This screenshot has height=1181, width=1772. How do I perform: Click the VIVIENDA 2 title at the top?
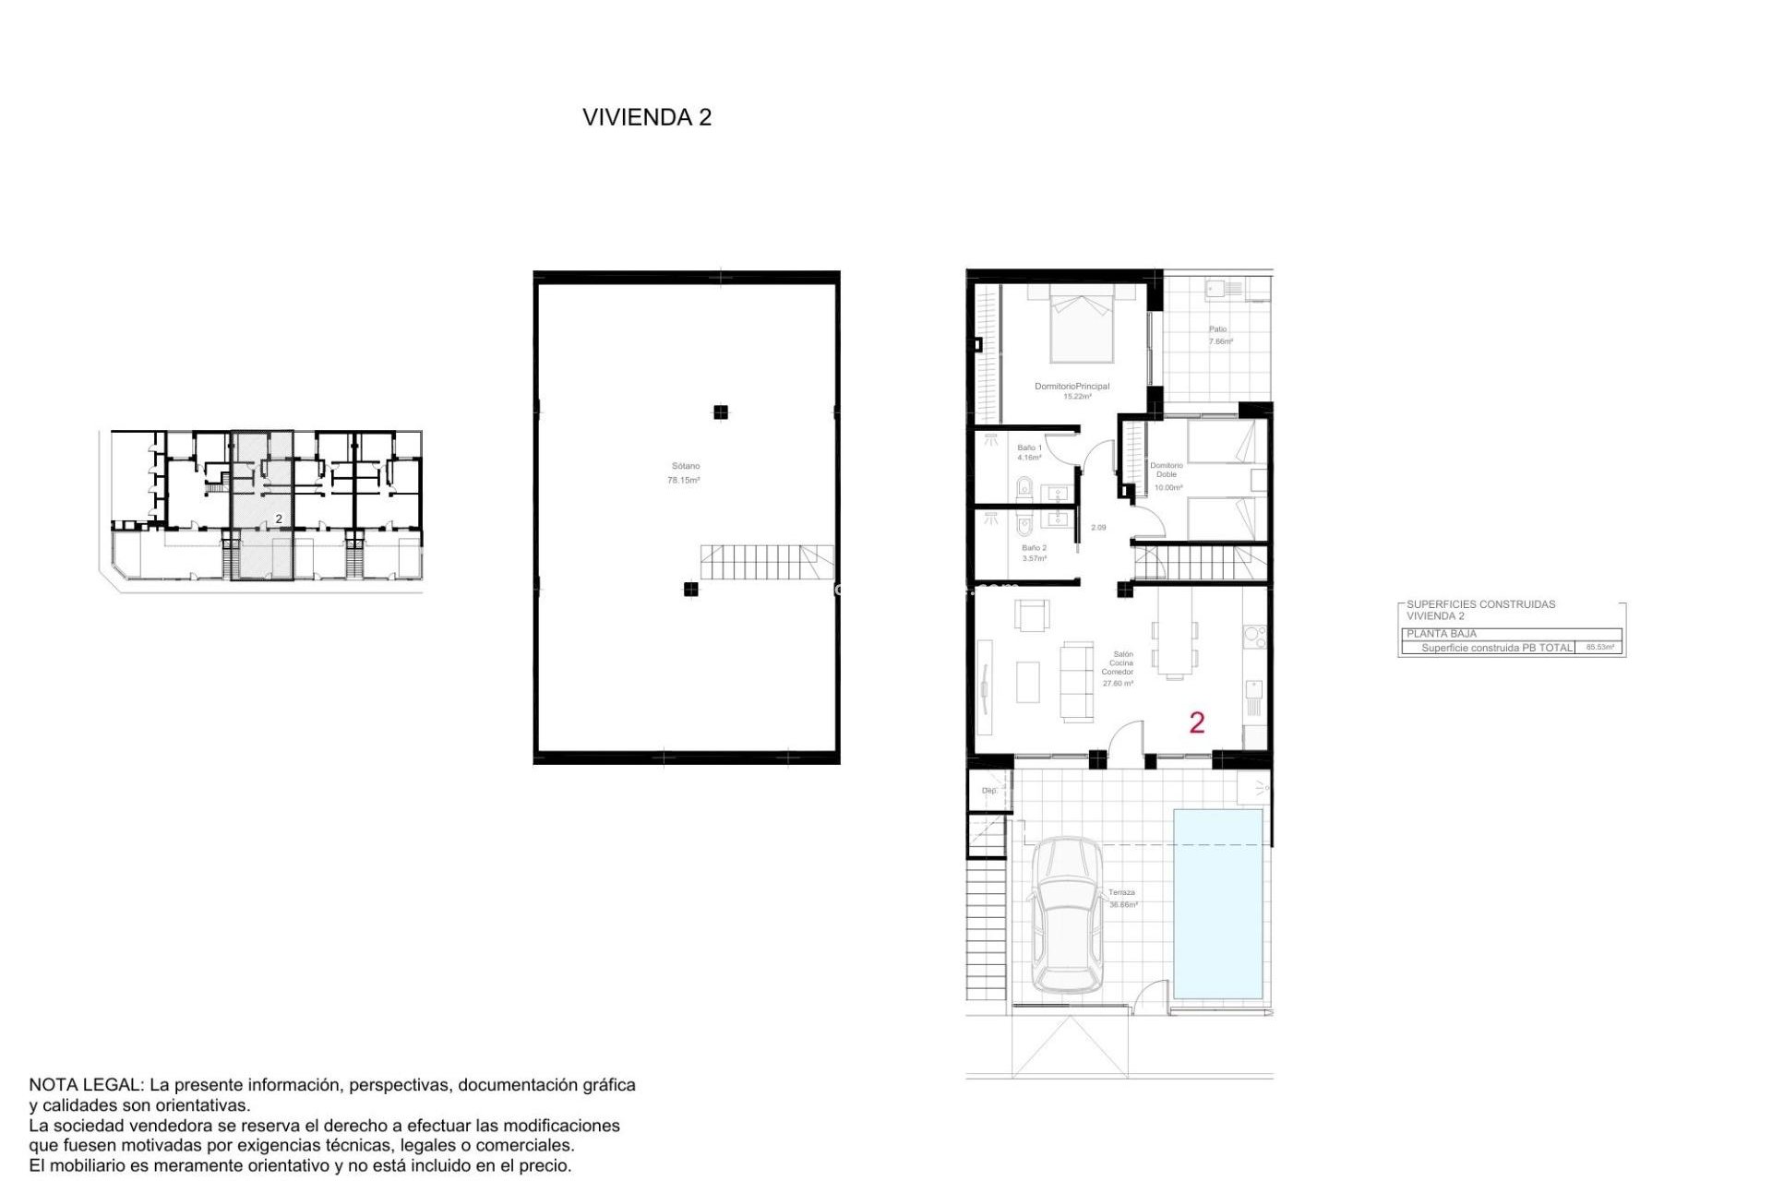pos(646,117)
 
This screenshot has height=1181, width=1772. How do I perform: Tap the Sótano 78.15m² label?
pos(684,473)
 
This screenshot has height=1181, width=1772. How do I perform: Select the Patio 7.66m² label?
pos(1220,335)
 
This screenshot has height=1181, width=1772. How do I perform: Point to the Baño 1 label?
pos(1029,452)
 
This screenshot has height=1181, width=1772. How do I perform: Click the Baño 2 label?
pos(1034,553)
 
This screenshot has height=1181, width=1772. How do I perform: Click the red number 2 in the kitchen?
pos(1197,722)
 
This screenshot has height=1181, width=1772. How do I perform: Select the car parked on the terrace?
pos(1067,915)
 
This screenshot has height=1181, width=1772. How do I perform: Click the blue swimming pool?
pos(1217,903)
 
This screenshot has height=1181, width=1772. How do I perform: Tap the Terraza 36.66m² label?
pos(1122,898)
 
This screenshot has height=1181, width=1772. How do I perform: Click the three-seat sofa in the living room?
pos(1076,681)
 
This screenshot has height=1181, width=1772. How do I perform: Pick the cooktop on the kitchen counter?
pos(1254,635)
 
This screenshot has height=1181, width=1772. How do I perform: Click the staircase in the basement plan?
pos(766,562)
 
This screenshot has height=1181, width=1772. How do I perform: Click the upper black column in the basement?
pos(721,412)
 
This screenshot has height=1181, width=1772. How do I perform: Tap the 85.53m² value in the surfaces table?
pos(1599,648)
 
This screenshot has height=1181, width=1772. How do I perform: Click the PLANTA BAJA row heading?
pos(1442,634)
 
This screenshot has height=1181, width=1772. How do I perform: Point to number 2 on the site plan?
pos(279,519)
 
